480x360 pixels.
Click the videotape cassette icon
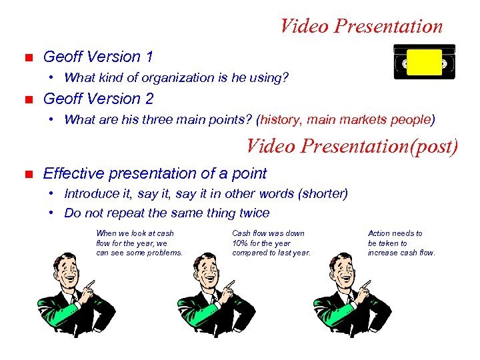(x=424, y=62)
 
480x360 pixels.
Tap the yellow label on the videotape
(x=424, y=61)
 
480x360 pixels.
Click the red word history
(x=280, y=120)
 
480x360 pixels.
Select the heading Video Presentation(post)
(x=352, y=145)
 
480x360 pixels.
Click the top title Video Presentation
(x=361, y=27)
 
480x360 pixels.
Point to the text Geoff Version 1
(x=98, y=57)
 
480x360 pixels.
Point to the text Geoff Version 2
(x=98, y=99)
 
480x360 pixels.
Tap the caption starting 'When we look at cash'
(x=139, y=243)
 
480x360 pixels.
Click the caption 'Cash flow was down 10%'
(x=271, y=243)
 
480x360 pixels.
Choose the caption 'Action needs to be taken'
(x=401, y=243)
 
